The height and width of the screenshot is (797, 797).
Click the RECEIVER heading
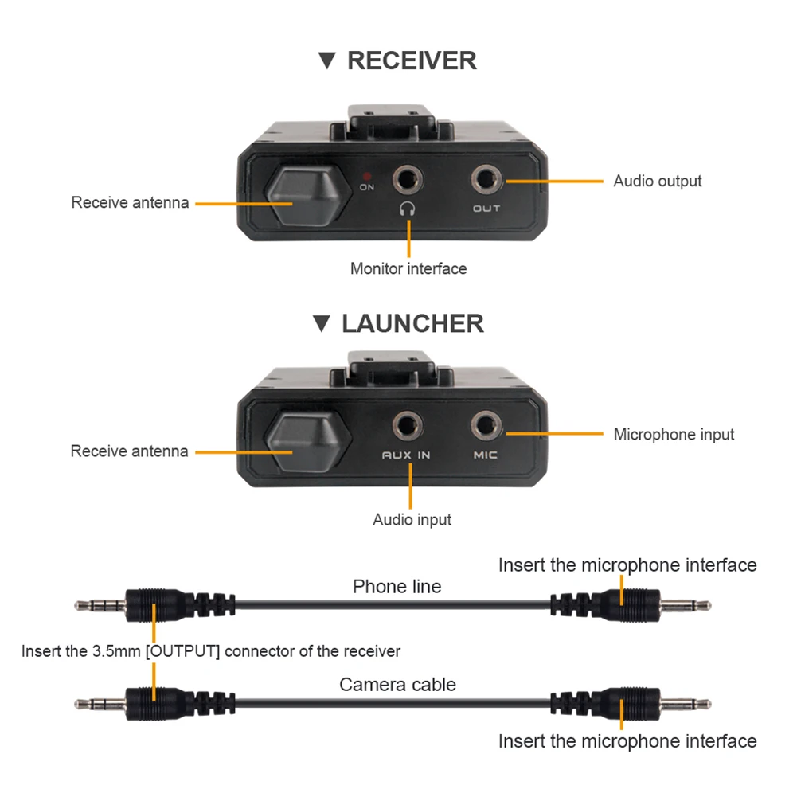tap(411, 61)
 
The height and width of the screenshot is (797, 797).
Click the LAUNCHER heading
tap(412, 323)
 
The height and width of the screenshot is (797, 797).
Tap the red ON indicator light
tap(367, 174)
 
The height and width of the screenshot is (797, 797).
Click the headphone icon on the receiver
tap(408, 209)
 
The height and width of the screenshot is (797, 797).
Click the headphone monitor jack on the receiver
tap(409, 179)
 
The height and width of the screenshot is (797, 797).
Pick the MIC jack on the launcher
tap(485, 425)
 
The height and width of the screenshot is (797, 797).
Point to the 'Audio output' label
tap(657, 182)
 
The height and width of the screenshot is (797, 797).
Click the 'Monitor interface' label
tap(408, 269)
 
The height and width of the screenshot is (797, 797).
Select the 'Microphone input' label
tap(674, 435)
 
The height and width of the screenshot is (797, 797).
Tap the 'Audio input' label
tap(412, 520)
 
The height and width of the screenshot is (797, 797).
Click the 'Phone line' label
tap(397, 587)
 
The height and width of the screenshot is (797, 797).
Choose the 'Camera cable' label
tap(397, 684)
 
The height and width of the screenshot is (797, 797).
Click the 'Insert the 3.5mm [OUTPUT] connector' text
tap(210, 651)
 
